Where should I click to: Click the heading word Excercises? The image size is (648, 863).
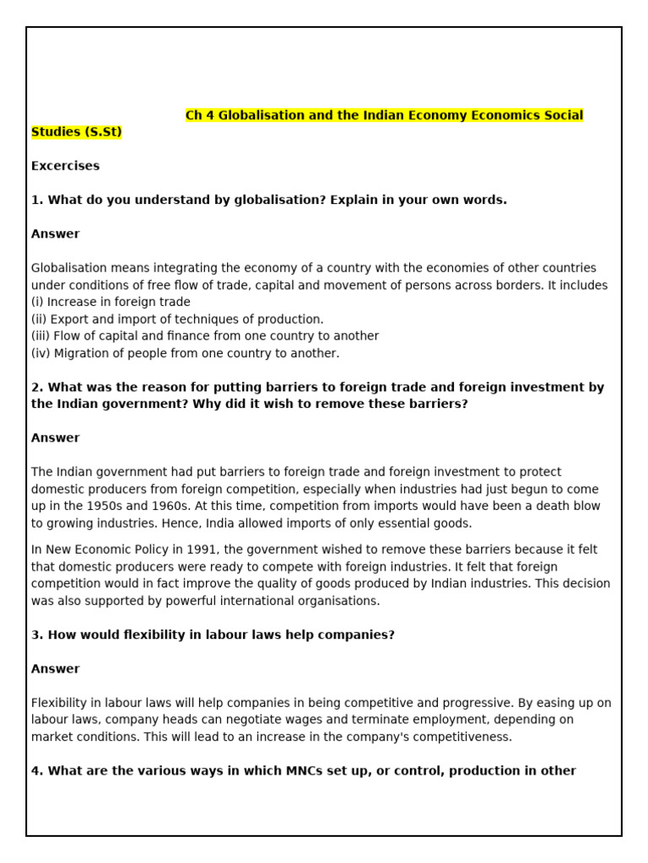(65, 166)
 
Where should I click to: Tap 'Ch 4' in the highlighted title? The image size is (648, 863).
(200, 115)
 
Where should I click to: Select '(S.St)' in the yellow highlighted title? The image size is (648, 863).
(101, 132)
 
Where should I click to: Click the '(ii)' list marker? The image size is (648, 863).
(39, 319)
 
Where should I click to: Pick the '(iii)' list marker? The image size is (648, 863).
(40, 336)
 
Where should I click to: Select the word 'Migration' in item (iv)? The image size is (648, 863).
(80, 354)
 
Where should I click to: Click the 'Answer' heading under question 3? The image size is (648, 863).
(56, 669)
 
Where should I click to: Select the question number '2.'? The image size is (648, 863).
(37, 388)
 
